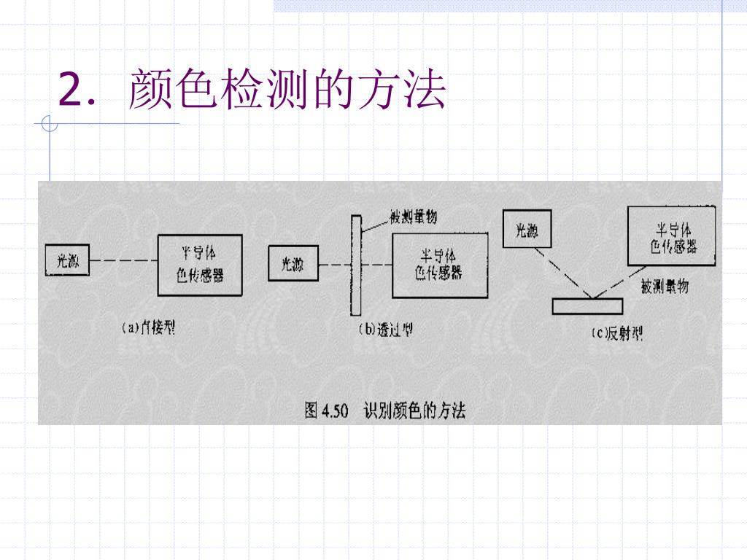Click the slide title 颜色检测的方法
287,91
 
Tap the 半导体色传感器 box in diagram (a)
199,264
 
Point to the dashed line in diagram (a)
123,262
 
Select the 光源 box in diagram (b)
293,264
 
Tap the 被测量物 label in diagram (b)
413,217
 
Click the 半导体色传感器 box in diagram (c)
671,236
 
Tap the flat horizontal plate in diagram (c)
587,306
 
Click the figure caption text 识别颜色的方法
414,411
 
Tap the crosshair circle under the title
50,125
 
